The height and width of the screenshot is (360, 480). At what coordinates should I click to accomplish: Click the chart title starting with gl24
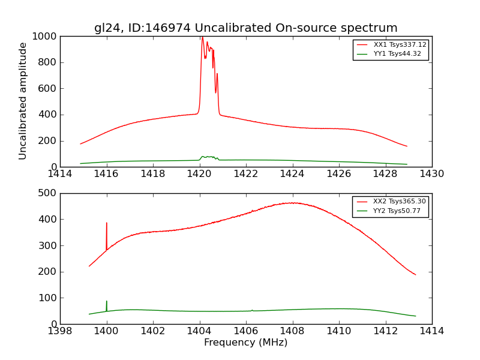[x=245, y=28]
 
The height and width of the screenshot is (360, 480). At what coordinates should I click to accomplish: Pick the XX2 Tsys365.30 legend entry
[x=400, y=202]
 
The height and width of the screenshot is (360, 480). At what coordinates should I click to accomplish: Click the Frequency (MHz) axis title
[x=245, y=343]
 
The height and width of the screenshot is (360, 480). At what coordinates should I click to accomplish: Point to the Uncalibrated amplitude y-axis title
[x=23, y=101]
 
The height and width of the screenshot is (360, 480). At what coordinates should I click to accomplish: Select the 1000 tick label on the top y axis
[x=46, y=37]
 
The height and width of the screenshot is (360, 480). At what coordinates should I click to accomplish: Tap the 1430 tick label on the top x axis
[x=431, y=174]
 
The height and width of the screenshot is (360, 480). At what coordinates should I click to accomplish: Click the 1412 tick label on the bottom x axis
[x=385, y=331]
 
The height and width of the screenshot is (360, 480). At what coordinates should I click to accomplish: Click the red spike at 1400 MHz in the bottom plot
[x=107, y=224]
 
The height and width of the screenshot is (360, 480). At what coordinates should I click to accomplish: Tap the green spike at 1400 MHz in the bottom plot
[x=107, y=302]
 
